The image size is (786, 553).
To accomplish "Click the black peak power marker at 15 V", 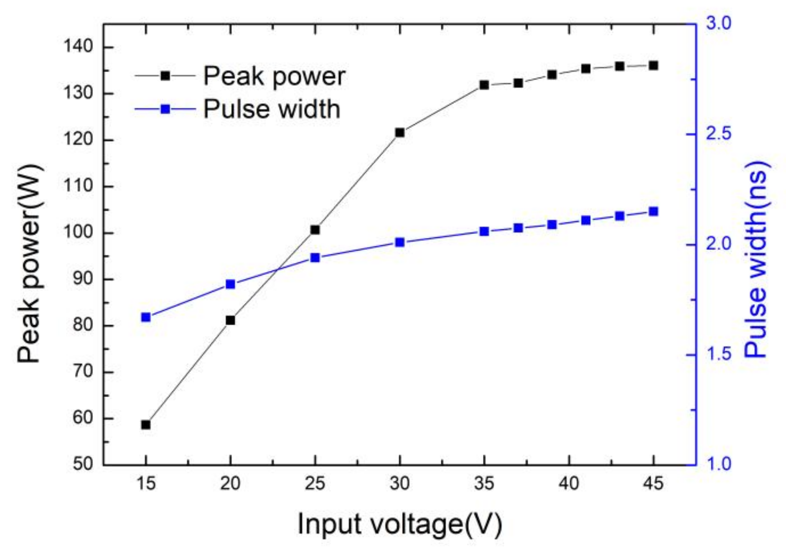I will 146,425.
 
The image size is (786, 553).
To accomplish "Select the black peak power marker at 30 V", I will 400,133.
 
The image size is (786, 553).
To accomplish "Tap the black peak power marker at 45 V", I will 654,65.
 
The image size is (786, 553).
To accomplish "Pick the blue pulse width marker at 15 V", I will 146,317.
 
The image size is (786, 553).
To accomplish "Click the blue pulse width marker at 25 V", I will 315,257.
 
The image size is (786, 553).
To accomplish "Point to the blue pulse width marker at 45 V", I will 654,212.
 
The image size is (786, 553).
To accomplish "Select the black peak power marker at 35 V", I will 484,85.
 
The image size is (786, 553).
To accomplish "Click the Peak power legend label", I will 274,76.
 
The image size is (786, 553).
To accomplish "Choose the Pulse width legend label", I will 272,109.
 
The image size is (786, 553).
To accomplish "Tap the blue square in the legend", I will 165,109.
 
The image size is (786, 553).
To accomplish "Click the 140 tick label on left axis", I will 78,46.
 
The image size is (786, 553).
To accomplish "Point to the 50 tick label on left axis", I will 83,464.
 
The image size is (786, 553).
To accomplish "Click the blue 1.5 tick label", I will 719,354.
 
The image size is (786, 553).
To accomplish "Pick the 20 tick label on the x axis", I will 230,484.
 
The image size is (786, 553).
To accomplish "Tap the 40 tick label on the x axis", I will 569,484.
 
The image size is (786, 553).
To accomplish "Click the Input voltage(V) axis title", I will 399,524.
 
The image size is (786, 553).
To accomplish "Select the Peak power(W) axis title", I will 30,264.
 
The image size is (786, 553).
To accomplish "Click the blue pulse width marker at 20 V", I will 231,284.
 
